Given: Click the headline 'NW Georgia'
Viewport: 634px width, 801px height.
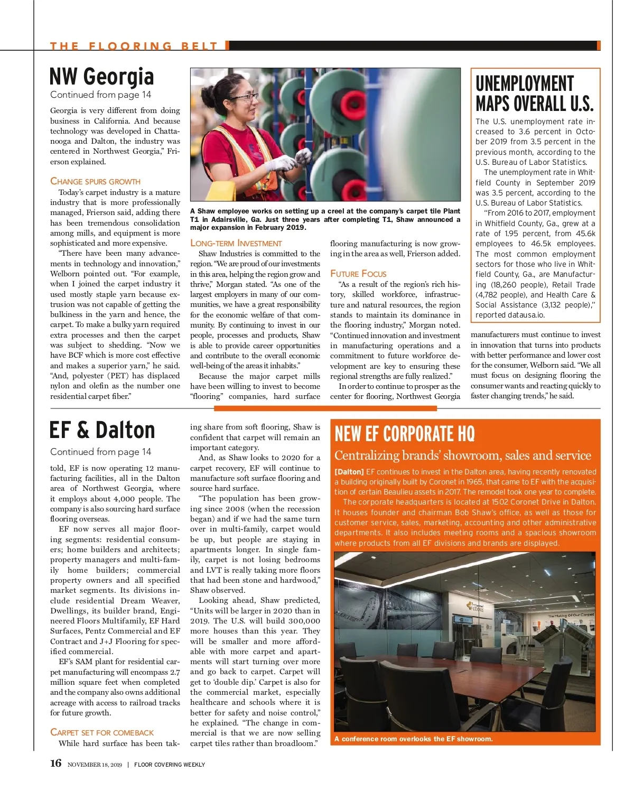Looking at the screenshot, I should (x=101, y=77).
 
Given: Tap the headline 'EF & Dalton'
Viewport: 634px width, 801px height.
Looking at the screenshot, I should (x=102, y=430).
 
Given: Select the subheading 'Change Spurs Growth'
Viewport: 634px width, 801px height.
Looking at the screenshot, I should (x=95, y=181).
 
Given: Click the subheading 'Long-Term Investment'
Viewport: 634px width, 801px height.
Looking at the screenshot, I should (x=236, y=243).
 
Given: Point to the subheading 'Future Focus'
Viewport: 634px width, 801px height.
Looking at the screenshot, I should (x=358, y=274).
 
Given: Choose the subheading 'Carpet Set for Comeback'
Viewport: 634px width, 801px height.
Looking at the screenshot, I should (x=102, y=732).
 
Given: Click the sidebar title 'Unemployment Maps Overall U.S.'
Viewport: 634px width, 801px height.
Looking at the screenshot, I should (x=534, y=94).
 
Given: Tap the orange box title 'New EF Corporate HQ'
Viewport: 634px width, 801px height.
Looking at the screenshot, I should (x=405, y=434).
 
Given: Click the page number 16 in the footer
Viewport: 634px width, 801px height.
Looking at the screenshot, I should (x=55, y=763).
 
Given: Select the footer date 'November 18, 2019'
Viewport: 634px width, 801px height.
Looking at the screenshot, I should (x=95, y=765).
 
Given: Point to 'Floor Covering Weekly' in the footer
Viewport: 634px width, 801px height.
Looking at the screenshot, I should (x=170, y=765).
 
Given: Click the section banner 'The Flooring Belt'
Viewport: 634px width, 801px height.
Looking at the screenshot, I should (x=134, y=46).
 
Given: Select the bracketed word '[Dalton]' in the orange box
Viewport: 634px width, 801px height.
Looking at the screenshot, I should (x=349, y=472).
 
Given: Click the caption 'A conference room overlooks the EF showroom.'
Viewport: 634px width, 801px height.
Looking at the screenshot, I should (x=413, y=739).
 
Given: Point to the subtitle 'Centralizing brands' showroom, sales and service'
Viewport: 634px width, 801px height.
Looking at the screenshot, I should (x=462, y=455).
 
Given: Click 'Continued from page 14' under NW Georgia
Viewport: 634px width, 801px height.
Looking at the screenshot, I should (x=100, y=95).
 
